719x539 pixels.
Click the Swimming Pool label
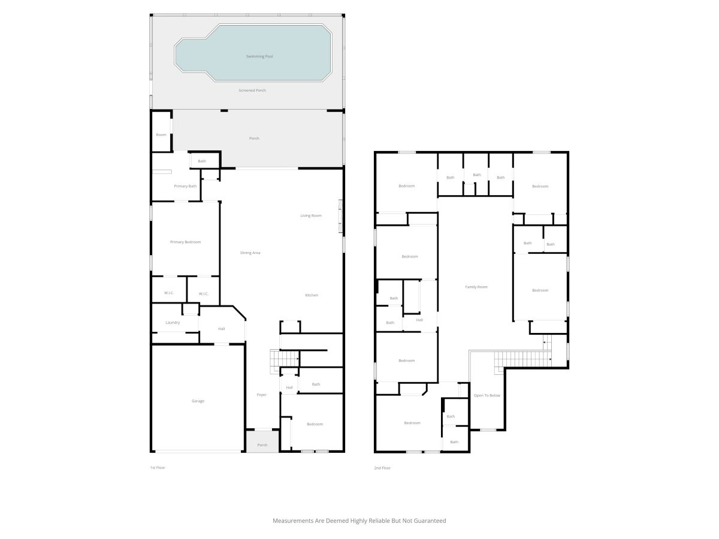(x=259, y=56)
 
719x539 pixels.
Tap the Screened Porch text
(x=252, y=90)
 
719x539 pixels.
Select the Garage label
(x=198, y=401)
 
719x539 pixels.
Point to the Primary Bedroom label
(x=185, y=242)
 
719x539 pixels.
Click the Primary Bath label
(x=185, y=186)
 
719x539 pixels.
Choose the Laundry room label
(x=173, y=323)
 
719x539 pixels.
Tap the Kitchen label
(x=312, y=295)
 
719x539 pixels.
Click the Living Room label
(x=311, y=216)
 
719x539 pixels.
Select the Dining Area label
(x=250, y=253)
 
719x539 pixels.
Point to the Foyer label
(x=261, y=395)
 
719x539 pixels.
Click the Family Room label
(x=476, y=287)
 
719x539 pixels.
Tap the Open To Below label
(x=487, y=396)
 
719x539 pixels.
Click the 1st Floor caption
(x=158, y=468)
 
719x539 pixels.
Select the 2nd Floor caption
(x=382, y=468)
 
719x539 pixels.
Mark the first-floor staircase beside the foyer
(x=285, y=361)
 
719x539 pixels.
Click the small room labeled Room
(x=161, y=135)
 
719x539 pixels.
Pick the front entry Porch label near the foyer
(x=262, y=445)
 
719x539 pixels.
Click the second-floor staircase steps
(x=523, y=359)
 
